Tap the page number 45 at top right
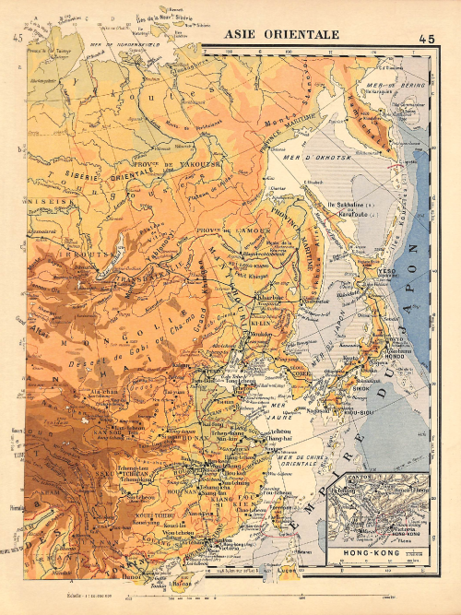point(426,39)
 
